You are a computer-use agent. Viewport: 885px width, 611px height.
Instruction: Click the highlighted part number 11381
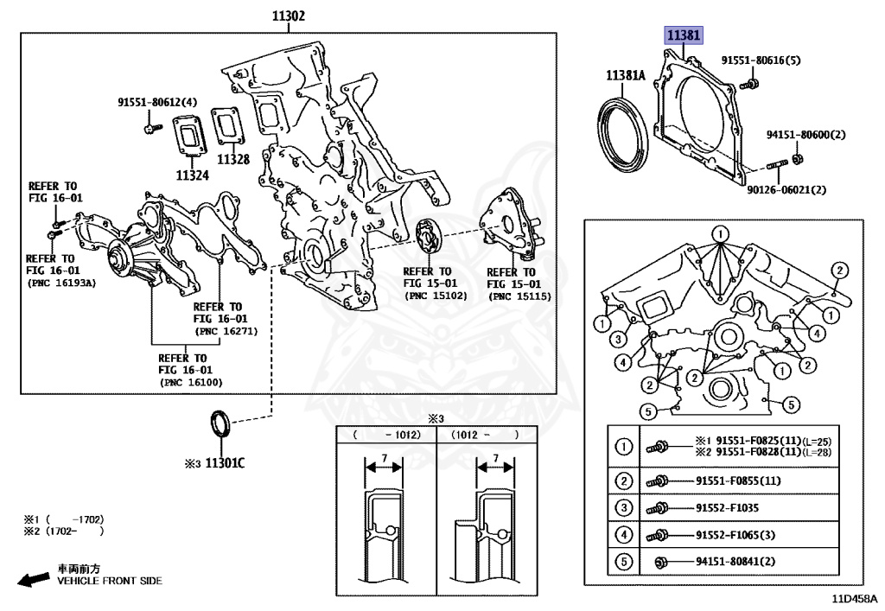683,35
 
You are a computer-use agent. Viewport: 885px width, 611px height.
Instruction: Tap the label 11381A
626,76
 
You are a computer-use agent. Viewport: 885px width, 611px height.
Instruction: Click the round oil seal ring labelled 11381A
622,130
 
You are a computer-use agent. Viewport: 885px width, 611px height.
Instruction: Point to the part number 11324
193,175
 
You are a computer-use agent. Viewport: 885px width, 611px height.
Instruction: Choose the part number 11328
232,159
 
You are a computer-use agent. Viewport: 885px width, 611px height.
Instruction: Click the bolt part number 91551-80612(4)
157,102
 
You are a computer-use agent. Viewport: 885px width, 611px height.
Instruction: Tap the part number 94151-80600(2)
805,135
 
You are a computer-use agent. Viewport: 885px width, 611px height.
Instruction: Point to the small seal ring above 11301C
220,425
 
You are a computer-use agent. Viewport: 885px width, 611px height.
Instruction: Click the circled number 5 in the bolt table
622,563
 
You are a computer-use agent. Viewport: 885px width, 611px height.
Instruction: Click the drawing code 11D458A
854,598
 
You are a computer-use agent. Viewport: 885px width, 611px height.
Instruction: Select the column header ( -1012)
386,436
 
